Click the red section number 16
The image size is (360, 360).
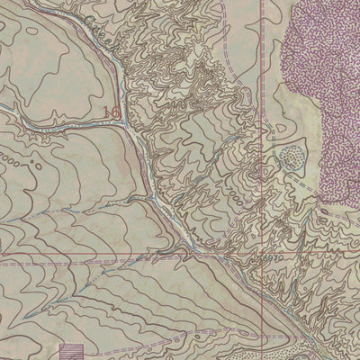tap(111, 112)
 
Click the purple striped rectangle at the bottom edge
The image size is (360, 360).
tap(69, 351)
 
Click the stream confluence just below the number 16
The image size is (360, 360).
tap(131, 127)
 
